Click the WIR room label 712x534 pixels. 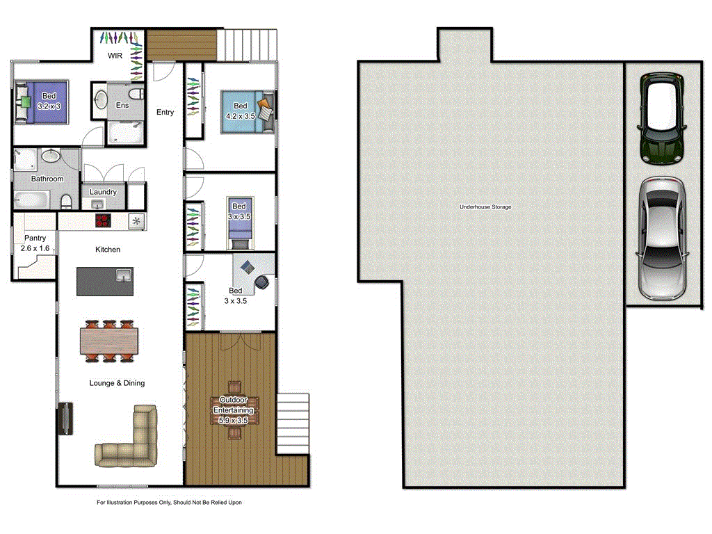click(115, 55)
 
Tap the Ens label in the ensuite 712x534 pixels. click(122, 105)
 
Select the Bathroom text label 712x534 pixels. click(47, 179)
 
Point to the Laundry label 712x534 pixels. click(104, 192)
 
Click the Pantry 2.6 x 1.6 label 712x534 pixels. click(35, 243)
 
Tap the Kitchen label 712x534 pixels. click(108, 249)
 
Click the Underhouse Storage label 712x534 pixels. click(485, 207)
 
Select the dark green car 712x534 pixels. click(663, 119)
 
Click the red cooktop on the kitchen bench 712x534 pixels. click(103, 221)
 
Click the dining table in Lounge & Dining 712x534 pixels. click(108, 341)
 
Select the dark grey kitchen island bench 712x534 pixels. click(104, 280)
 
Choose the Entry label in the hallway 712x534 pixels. click(165, 112)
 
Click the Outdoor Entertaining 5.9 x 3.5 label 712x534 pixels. click(234, 410)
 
